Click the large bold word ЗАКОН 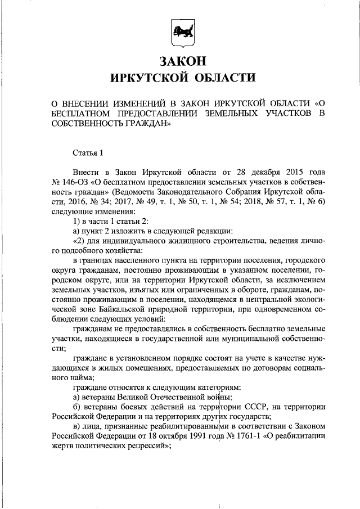coord(180,59)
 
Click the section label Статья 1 coord(89,152)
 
